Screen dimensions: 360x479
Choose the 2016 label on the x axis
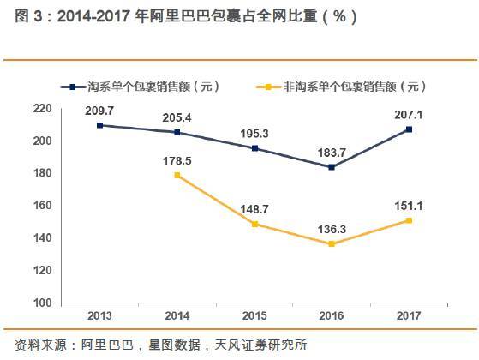(331, 315)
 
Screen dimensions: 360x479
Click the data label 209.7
(100, 111)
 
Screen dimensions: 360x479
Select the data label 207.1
(408, 114)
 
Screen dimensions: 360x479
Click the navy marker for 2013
(100, 125)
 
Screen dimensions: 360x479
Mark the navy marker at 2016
(331, 167)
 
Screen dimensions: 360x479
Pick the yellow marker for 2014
(177, 175)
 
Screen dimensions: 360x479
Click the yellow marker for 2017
(408, 220)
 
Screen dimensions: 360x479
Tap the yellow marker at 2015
(254, 224)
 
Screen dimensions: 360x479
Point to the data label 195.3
(254, 133)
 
